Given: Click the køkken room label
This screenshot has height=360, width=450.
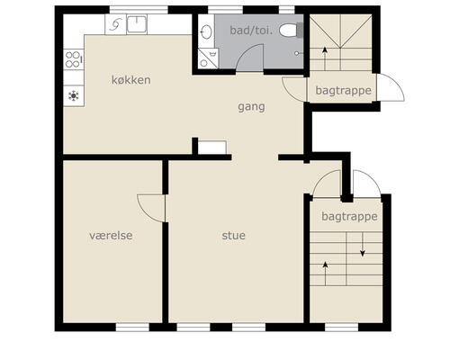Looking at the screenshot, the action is click(131, 80).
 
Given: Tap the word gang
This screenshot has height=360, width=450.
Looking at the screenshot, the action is click(251, 107).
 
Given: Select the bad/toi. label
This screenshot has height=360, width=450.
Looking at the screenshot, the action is click(251, 31).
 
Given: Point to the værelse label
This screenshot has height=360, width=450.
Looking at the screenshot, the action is click(111, 236).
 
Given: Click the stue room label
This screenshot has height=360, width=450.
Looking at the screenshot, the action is click(234, 236).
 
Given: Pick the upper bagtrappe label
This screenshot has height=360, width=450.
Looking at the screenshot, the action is click(344, 90).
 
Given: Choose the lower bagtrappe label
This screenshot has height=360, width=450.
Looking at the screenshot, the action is click(349, 216).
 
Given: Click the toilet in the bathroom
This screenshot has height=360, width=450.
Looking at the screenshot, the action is click(291, 31).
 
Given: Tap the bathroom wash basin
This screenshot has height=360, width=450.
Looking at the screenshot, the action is click(206, 31).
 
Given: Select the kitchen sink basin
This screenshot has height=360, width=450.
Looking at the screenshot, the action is click(137, 24).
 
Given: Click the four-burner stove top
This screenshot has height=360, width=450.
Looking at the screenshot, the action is click(74, 59).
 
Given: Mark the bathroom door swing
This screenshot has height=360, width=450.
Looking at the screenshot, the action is click(249, 57).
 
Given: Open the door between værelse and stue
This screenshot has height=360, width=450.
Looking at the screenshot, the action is click(151, 208).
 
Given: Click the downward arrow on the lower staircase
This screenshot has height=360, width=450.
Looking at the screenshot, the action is click(363, 244).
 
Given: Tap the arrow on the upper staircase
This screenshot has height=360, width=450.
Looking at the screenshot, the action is click(325, 58).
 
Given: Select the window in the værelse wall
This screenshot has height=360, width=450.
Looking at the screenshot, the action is click(132, 327).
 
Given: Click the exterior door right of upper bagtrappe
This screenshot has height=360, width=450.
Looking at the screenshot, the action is click(391, 87).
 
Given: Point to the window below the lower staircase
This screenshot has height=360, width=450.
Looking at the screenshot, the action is click(342, 327).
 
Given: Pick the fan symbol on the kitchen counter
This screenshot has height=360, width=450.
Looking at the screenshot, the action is click(74, 95).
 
